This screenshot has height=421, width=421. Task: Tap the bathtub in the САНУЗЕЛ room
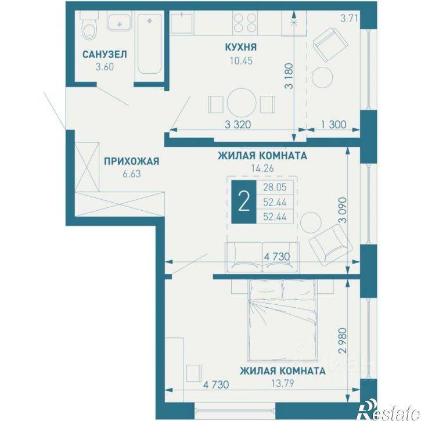pos(150,44)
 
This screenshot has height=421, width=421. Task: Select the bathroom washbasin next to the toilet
pos(120,22)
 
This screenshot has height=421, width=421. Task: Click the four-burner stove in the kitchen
pos(244,23)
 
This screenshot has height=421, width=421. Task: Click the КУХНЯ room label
pos(241,47)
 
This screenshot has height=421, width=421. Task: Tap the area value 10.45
pos(241,61)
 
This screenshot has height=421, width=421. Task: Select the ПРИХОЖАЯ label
pos(132,161)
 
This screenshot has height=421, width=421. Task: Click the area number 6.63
pos(132,174)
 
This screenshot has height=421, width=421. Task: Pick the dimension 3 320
pos(238,125)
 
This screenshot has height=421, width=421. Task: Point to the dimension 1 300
pos(333,125)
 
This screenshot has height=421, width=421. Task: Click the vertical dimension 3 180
pos(289,76)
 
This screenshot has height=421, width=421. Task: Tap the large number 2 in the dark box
pos(244,202)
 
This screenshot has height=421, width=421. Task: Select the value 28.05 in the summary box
pos(275,187)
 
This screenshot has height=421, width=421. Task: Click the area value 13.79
pos(282,383)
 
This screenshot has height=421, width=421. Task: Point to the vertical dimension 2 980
pos(343,340)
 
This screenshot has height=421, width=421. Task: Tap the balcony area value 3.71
pos(349,19)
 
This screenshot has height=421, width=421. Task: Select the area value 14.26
pos(262,168)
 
